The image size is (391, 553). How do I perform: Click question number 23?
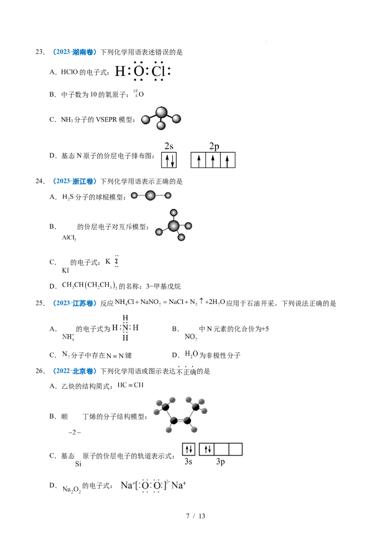tap(40, 52)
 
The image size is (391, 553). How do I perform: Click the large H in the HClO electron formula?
tap(120, 72)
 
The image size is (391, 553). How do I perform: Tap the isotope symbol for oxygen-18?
tap(139, 94)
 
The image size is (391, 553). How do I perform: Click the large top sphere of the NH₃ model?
tap(161, 112)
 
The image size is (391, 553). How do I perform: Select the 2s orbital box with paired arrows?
tap(169, 160)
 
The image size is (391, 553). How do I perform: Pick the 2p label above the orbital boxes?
tap(214, 147)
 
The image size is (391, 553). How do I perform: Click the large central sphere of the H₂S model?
tap(151, 195)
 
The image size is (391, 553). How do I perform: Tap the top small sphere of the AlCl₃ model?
tap(174, 213)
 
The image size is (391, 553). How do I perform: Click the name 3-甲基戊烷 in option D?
tap(163, 286)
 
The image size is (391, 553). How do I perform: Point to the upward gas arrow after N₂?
tap(201, 301)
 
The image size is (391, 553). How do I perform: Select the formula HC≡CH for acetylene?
tap(130, 385)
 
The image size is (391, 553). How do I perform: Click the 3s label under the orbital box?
tap(189, 462)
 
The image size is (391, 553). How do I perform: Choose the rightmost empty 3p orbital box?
tap(236, 449)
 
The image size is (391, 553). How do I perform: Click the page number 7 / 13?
tap(195, 516)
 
